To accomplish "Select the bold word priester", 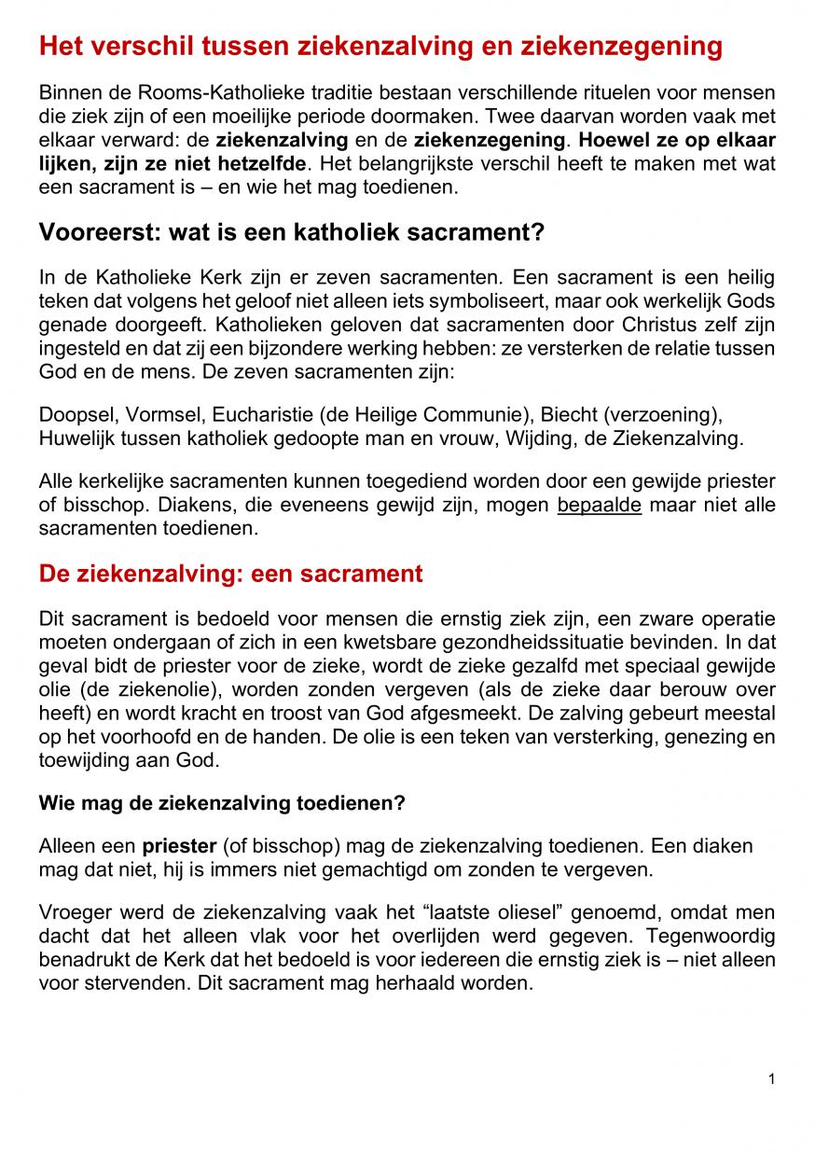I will (179, 846).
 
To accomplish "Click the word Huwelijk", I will (75, 436).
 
